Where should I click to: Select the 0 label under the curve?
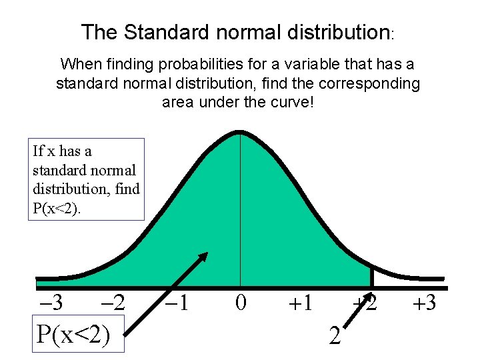coord(241,303)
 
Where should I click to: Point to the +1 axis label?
coord(301,303)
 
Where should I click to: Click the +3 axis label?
coord(423,303)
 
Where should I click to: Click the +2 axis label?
coord(365,303)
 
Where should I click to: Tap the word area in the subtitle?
coord(176,103)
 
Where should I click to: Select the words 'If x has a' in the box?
coord(62,151)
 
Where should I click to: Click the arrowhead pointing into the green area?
coord(203,257)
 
